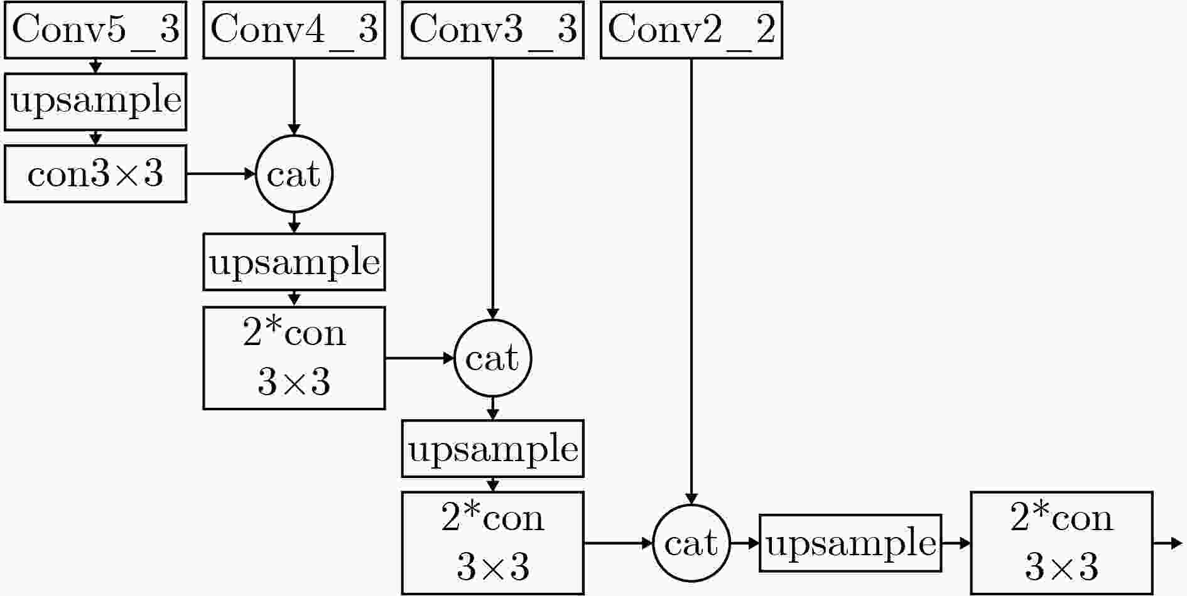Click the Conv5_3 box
(x=95, y=29)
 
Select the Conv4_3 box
(x=294, y=29)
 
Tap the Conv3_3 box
(x=493, y=29)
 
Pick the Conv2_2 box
(x=691, y=29)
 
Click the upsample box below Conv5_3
(x=95, y=102)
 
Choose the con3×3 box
(x=95, y=174)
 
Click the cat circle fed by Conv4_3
(x=294, y=174)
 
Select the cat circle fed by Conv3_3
(x=493, y=358)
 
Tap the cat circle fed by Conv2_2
(x=691, y=543)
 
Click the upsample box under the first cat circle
(x=294, y=262)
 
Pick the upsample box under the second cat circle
(x=493, y=449)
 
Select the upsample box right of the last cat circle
(x=850, y=543)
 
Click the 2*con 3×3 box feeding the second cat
(x=294, y=358)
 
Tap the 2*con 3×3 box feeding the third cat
(x=493, y=543)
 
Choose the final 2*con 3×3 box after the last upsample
(x=1062, y=543)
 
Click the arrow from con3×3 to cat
(x=221, y=174)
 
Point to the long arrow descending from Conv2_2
(x=691, y=282)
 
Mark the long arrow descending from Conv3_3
(x=493, y=189)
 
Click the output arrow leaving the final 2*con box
(x=1168, y=543)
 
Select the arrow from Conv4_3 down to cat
(x=294, y=97)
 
